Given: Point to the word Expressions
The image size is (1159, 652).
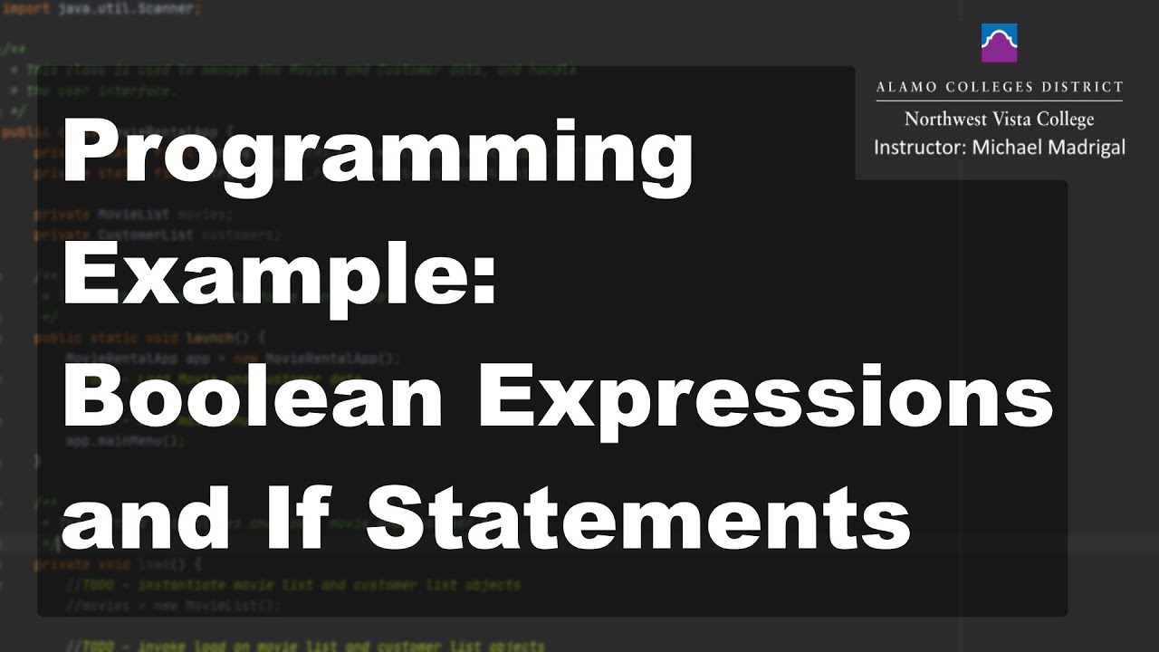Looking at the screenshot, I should click(765, 398).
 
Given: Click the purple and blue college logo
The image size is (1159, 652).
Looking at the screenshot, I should click(999, 43).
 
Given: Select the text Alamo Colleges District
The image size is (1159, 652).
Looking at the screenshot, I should click(999, 88).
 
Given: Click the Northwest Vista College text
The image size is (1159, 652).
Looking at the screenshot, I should click(999, 119).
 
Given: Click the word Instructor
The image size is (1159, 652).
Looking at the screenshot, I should click(917, 147).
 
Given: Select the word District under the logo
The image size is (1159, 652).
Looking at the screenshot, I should click(1084, 88).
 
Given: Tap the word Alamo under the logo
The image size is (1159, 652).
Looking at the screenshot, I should click(902, 88).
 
